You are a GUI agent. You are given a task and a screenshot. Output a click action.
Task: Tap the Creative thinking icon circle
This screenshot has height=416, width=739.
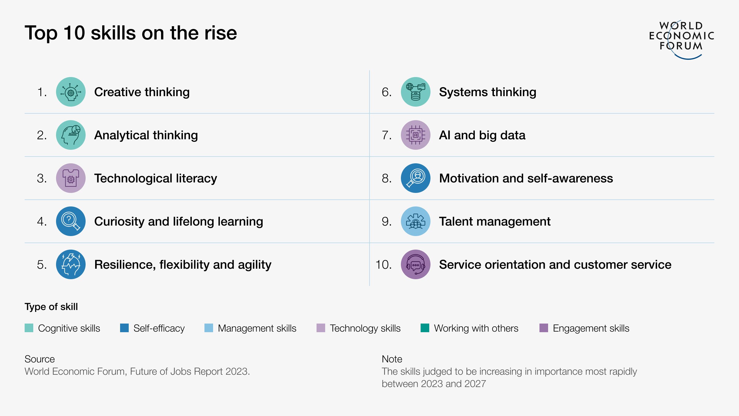coord(71,92)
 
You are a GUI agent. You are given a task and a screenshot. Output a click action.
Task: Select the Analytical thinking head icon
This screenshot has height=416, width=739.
coord(71,135)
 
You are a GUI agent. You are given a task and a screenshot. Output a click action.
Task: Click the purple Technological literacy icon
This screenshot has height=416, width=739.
coord(71,178)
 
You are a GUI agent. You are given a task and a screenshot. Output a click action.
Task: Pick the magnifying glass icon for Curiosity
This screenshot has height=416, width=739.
coord(71,221)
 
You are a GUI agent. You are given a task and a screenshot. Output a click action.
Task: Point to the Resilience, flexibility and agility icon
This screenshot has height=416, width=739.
coord(71,264)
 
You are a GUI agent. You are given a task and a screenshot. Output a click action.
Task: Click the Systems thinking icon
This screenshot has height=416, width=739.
coord(415,92)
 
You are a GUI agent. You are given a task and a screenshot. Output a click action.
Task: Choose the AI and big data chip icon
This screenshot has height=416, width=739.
coord(415,135)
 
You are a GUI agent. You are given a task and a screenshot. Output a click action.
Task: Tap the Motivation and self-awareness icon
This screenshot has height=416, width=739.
coord(415,178)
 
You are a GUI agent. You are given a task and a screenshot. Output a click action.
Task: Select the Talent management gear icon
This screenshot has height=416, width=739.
coord(415,221)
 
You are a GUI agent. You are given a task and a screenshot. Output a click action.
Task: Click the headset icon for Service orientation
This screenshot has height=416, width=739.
coord(415,264)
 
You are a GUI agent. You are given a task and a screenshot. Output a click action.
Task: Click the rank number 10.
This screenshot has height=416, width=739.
coord(383,265)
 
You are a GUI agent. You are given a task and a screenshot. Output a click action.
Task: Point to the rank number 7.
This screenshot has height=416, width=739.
coord(386,135)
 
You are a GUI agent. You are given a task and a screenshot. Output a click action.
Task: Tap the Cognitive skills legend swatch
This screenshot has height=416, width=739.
coord(29,328)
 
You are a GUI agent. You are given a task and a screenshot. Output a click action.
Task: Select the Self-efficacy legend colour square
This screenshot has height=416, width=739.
coord(124,328)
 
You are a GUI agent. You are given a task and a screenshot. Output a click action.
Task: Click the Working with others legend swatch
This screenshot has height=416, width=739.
coord(425,328)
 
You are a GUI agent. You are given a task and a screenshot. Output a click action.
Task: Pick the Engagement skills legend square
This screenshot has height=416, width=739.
coord(544,328)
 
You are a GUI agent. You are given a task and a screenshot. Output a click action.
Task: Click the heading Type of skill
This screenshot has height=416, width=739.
coord(51,307)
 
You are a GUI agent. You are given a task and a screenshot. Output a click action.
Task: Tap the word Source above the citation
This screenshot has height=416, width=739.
coord(39,359)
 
